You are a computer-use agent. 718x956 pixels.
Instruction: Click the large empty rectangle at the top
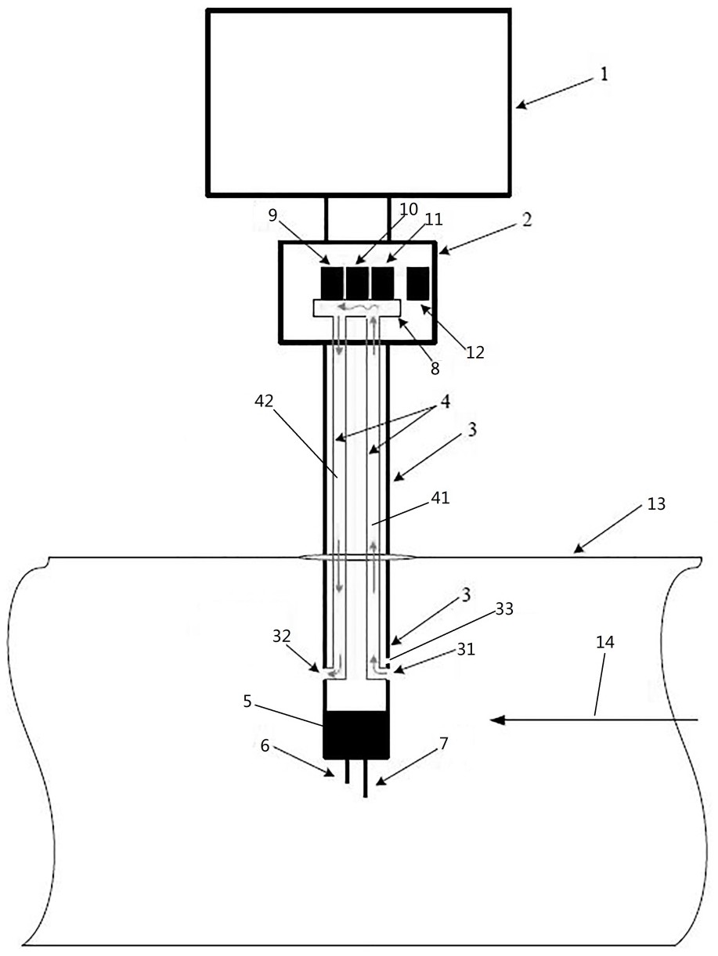[359, 102]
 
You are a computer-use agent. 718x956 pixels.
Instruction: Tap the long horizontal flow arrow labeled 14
[594, 719]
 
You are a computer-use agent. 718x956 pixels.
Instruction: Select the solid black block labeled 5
[356, 734]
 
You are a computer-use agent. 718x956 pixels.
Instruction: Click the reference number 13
[656, 504]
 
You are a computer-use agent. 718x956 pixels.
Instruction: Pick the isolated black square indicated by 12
[418, 282]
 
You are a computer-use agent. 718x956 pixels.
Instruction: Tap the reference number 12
[474, 352]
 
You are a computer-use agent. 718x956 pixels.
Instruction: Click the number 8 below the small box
[435, 369]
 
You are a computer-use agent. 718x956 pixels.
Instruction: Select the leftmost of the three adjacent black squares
[332, 283]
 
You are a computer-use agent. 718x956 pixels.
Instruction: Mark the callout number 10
[409, 211]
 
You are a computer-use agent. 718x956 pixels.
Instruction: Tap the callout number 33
[505, 608]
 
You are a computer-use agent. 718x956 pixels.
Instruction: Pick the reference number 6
[265, 746]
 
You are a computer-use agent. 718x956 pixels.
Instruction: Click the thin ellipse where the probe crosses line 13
[357, 558]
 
